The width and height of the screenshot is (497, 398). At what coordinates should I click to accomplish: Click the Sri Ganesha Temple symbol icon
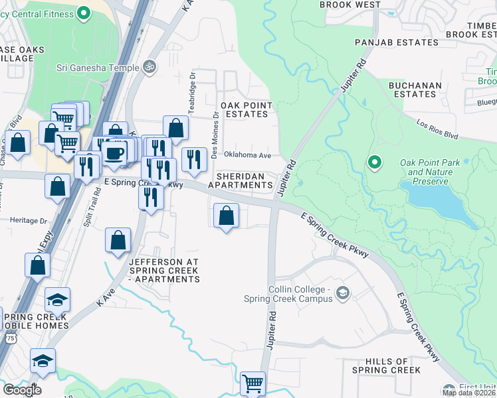coord(150,67)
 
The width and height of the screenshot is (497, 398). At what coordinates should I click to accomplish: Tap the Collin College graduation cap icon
coord(343,293)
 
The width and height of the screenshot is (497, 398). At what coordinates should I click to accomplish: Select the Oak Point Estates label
coord(245,109)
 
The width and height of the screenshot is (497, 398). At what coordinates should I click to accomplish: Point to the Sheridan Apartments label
coord(240,180)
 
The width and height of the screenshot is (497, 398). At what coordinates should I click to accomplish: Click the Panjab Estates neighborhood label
coord(397,42)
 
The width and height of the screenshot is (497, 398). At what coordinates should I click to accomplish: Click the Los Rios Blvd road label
coord(438,129)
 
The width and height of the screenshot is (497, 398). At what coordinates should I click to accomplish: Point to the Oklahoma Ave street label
coord(247,155)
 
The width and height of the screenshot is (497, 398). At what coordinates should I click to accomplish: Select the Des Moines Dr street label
coord(215,135)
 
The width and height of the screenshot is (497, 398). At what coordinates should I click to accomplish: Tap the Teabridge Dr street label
coord(191,93)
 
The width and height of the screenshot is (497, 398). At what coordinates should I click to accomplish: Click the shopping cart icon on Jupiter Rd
coord(252,383)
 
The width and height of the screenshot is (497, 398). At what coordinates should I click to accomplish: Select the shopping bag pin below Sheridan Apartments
coord(226,216)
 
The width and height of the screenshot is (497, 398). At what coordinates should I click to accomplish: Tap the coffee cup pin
coord(115,152)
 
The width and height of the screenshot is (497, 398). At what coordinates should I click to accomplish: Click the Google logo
coord(22,390)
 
